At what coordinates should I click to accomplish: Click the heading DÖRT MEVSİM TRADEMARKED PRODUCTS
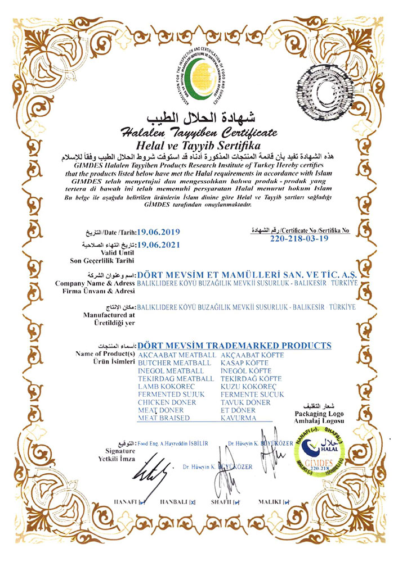[x=234, y=346]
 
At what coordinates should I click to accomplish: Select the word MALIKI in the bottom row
[x=269, y=501]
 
